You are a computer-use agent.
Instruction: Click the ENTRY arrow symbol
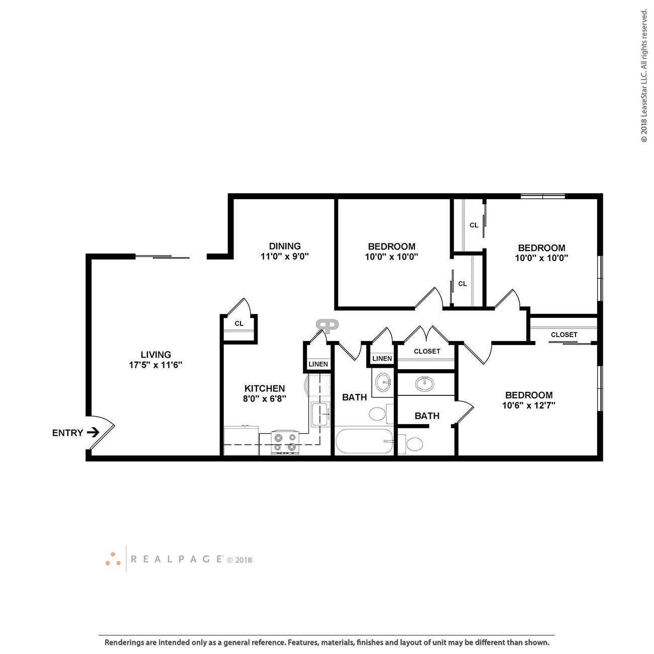click(x=93, y=432)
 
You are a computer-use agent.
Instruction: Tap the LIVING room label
click(x=155, y=355)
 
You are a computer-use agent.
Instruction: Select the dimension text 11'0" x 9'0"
click(x=284, y=256)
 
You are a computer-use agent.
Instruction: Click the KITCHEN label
click(x=265, y=388)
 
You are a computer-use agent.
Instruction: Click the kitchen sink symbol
click(x=320, y=414)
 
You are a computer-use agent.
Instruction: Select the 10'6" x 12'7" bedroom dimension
click(x=529, y=405)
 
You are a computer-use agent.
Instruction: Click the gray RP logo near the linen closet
click(x=327, y=326)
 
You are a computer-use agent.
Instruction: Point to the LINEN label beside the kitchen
click(x=318, y=364)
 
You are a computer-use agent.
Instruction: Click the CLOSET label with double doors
click(x=427, y=351)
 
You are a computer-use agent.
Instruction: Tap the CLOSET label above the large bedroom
click(x=564, y=335)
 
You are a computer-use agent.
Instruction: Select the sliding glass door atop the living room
click(x=162, y=257)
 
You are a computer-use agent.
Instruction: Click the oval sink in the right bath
click(x=426, y=384)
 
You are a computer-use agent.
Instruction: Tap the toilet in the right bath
click(x=414, y=444)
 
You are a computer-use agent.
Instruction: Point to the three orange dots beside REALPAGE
click(x=113, y=559)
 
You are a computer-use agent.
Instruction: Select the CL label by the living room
click(x=239, y=323)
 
